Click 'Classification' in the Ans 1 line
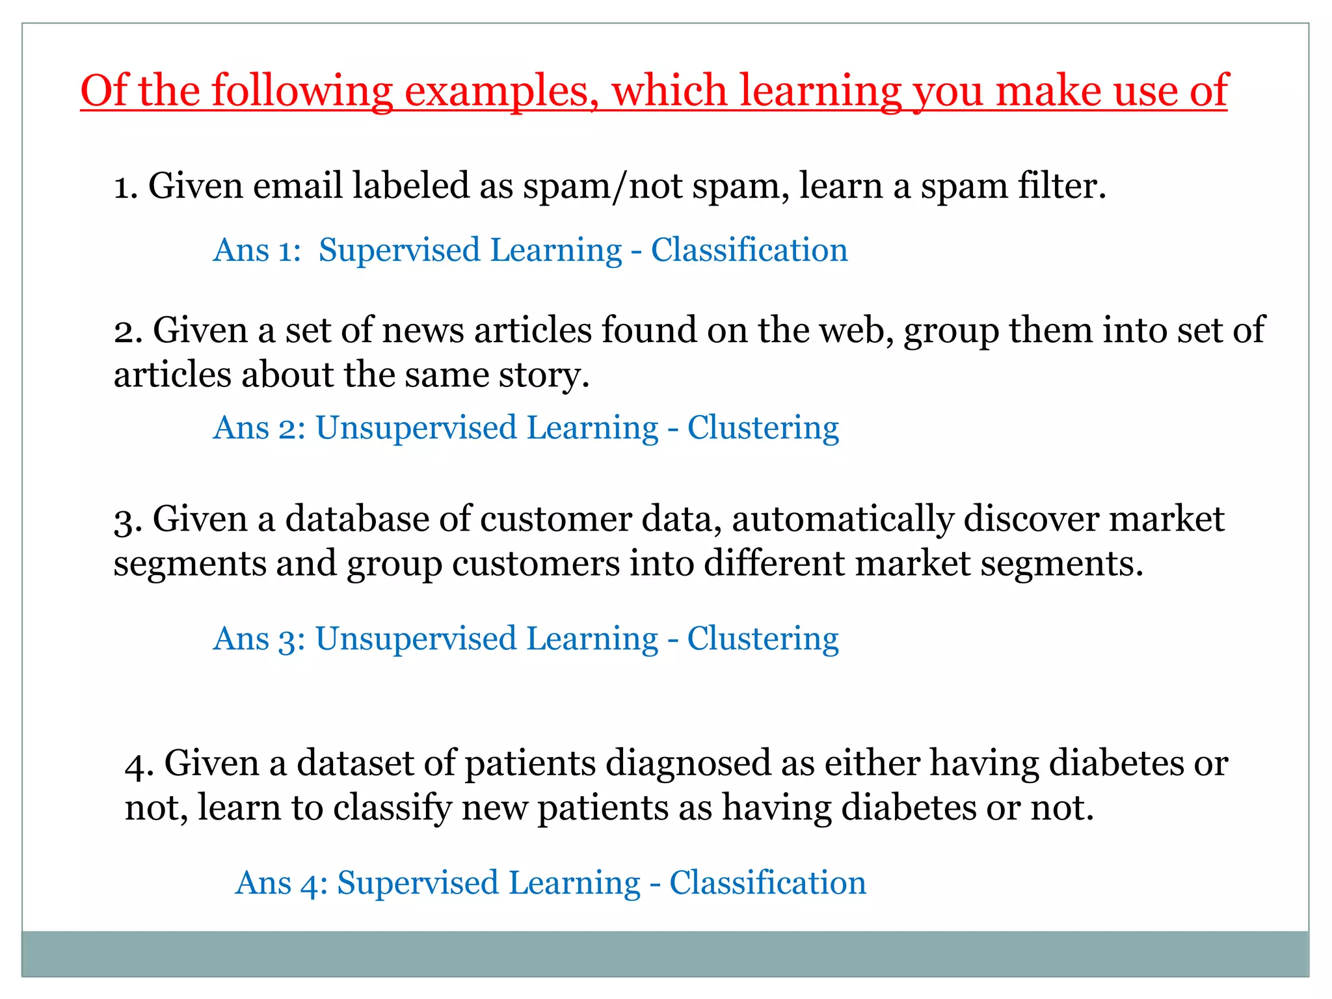[749, 250]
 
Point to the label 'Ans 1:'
[257, 250]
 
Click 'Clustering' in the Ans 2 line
[763, 429]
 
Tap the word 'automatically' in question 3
[842, 519]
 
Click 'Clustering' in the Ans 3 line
[763, 639]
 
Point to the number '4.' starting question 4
[139, 764]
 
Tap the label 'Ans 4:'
[281, 883]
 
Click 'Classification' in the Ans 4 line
[767, 883]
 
